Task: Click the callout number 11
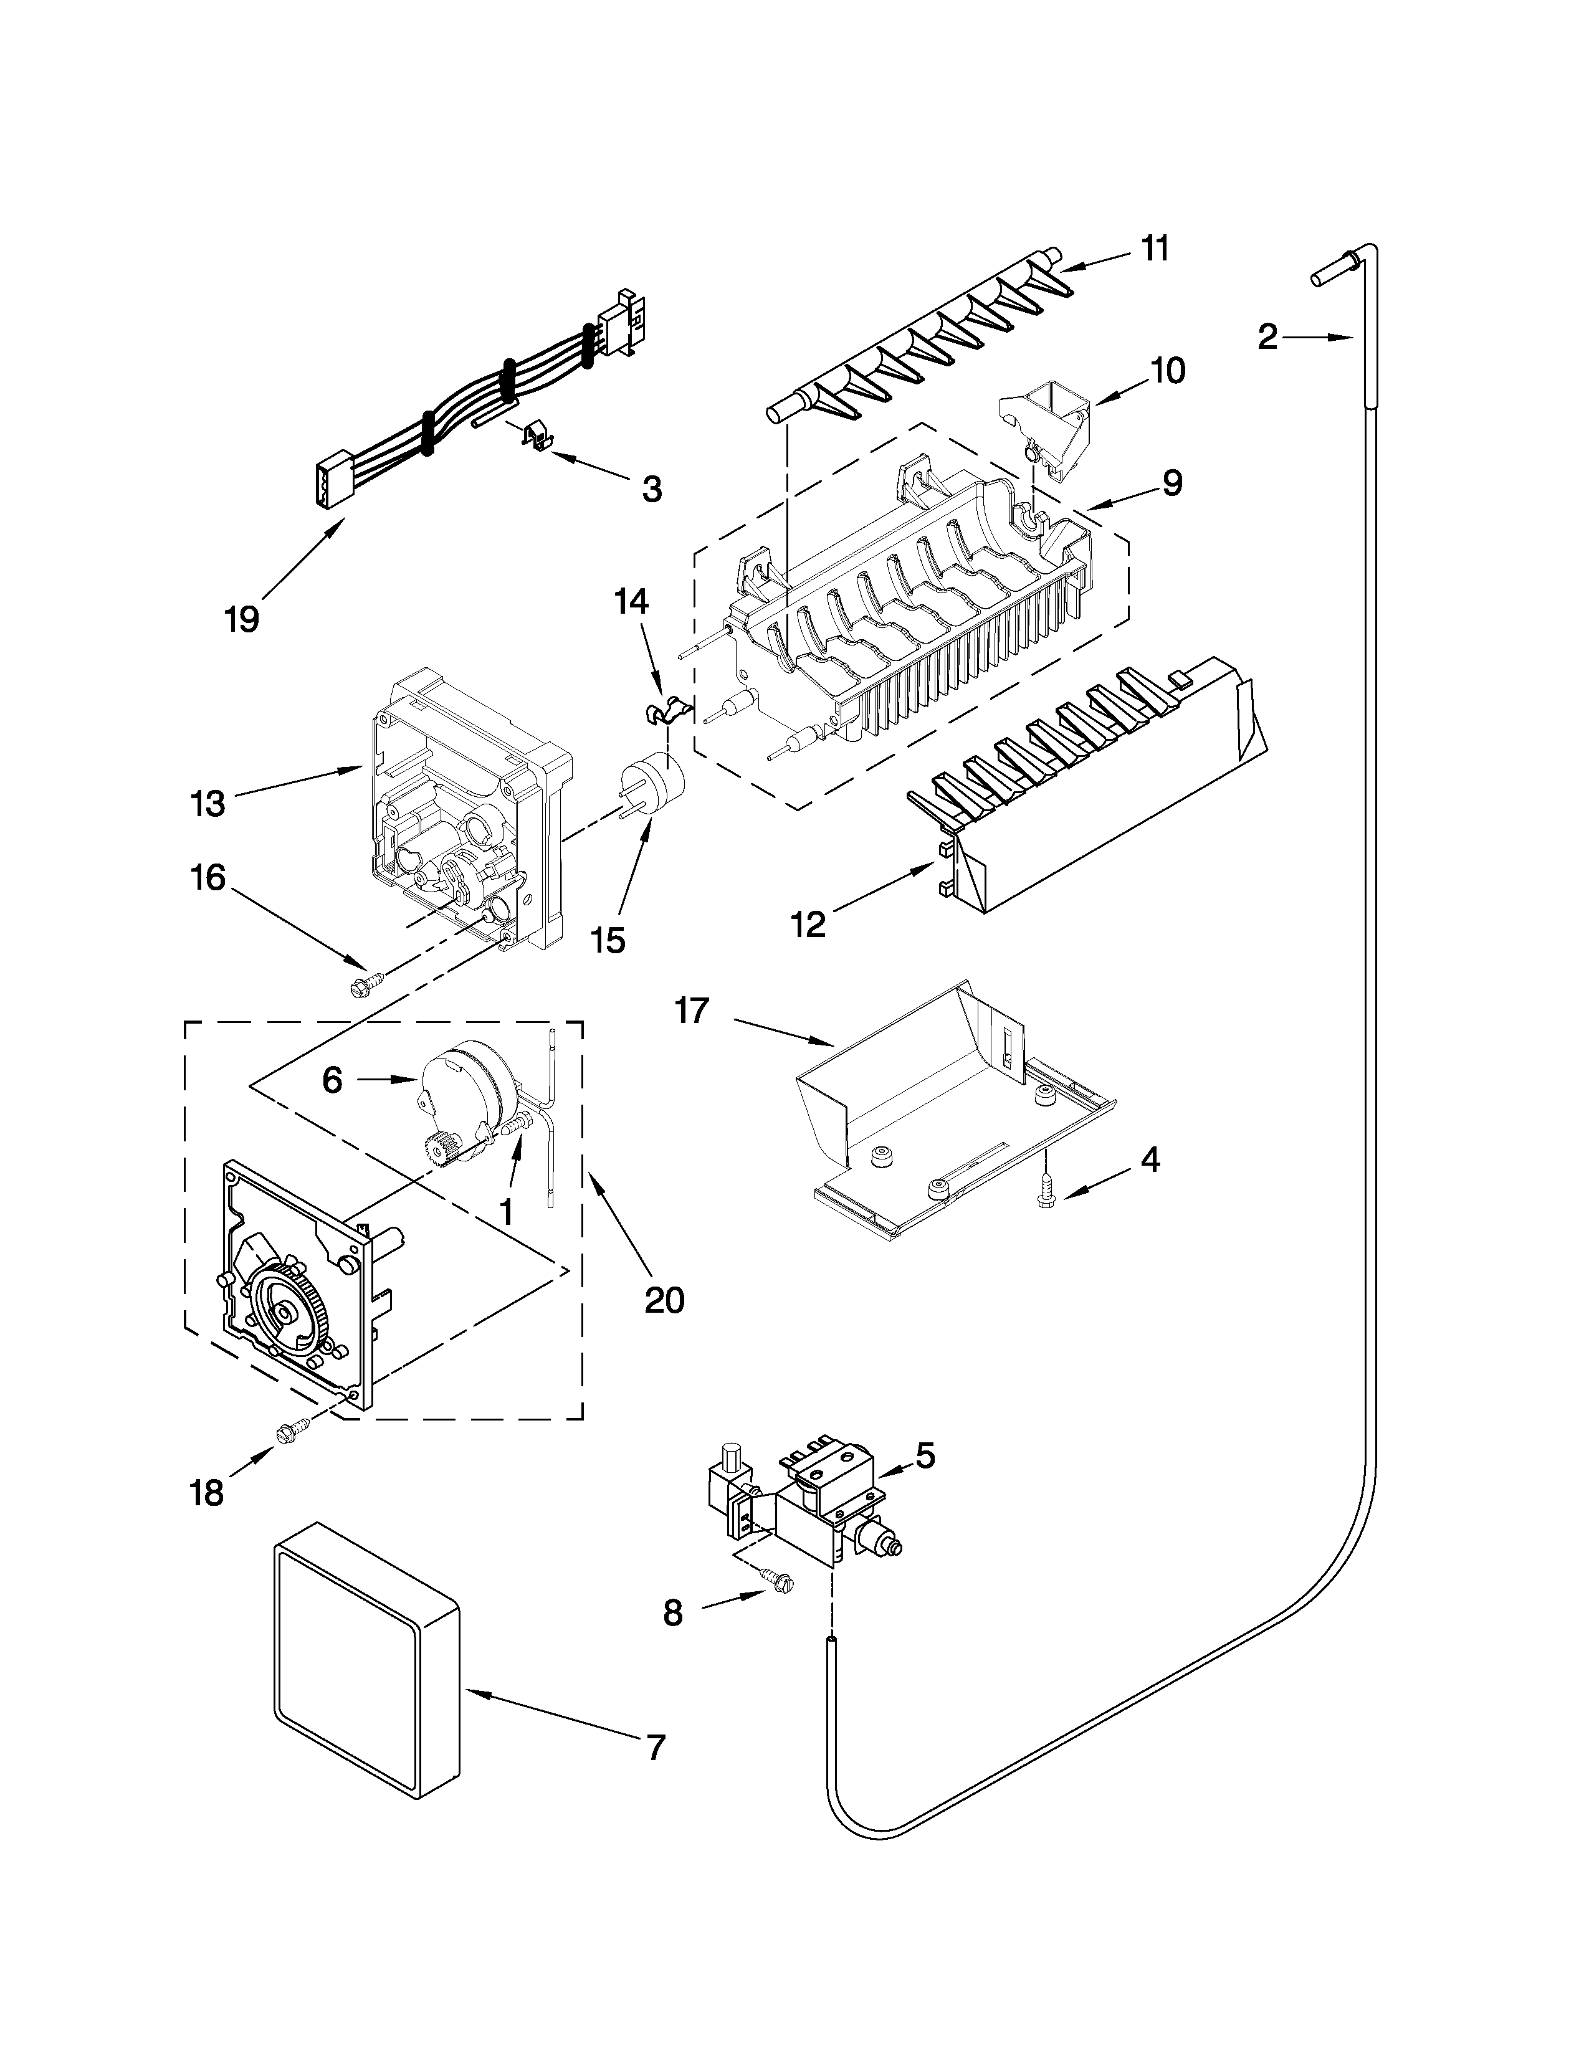[1155, 249]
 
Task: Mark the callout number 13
[208, 803]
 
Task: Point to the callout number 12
[808, 925]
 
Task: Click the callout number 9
[1171, 482]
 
